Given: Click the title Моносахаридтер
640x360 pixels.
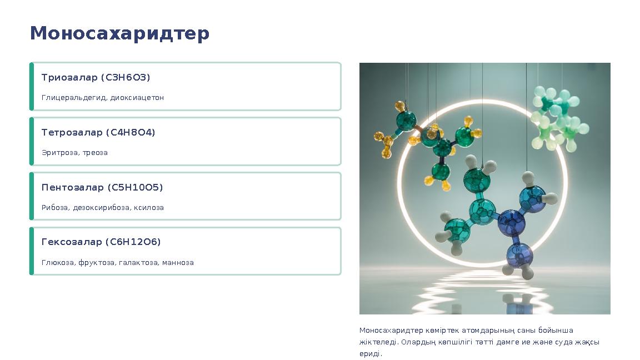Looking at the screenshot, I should (119, 33).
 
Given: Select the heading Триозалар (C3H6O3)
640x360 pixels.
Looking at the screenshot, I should (96, 77).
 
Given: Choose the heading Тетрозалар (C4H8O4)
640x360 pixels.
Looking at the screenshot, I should (98, 132).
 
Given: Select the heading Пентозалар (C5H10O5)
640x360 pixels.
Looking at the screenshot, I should (102, 187).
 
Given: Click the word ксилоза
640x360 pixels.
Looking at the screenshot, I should (148, 208).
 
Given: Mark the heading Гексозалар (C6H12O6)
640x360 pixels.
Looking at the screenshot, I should (101, 242).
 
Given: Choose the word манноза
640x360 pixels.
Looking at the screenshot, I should (178, 263).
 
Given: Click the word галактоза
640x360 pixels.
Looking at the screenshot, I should (138, 263).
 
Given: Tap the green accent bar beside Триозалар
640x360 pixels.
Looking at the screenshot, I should (32, 87).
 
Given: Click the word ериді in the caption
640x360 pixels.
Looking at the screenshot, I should (370, 354).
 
